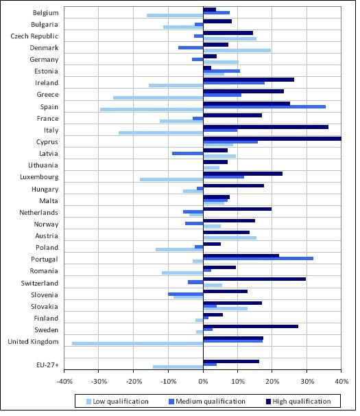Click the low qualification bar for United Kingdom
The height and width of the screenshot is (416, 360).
(x=138, y=343)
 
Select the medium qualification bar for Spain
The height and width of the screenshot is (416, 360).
(x=265, y=106)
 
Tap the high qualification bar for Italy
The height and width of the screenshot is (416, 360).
(x=266, y=127)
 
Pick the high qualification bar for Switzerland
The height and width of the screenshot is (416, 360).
(x=254, y=279)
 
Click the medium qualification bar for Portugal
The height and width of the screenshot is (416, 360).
(x=259, y=258)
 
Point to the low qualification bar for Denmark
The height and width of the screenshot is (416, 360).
(x=237, y=50)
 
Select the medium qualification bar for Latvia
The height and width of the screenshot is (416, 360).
(x=188, y=153)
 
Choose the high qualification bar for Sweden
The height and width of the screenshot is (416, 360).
(x=251, y=326)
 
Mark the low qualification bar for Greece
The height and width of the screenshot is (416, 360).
(x=158, y=97)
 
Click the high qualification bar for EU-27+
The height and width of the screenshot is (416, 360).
(x=231, y=361)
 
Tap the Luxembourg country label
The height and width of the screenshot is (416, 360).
(x=39, y=177)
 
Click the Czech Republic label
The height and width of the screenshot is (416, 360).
(x=34, y=36)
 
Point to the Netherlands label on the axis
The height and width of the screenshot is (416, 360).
(x=38, y=213)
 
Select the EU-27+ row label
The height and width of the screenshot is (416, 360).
(x=47, y=365)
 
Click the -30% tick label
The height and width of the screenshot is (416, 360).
(x=99, y=382)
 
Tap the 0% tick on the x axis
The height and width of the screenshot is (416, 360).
(x=204, y=382)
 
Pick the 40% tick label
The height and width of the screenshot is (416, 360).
(x=341, y=382)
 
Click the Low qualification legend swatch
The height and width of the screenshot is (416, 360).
(x=89, y=402)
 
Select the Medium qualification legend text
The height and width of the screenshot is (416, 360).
(x=211, y=402)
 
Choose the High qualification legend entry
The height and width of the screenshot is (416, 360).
(x=298, y=402)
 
